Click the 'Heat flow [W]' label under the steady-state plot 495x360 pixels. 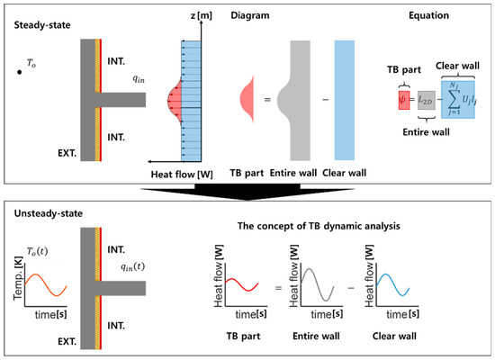(x=184, y=172)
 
